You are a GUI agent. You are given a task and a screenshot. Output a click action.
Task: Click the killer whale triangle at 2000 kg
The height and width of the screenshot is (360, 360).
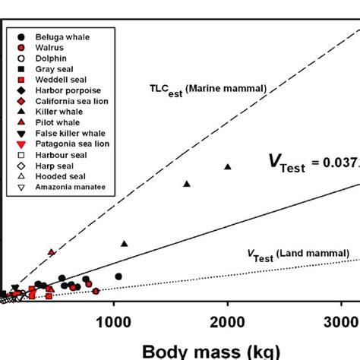[x=227, y=166]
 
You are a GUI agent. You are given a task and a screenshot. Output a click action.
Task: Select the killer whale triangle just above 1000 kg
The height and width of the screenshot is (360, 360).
[x=125, y=243]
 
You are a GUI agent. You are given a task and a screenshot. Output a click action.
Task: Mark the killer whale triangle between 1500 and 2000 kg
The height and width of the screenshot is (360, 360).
[x=187, y=184]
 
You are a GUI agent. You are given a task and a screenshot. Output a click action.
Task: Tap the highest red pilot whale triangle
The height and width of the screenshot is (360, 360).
[x=52, y=251]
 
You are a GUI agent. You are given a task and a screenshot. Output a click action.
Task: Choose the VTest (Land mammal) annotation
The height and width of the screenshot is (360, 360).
[x=297, y=253]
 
